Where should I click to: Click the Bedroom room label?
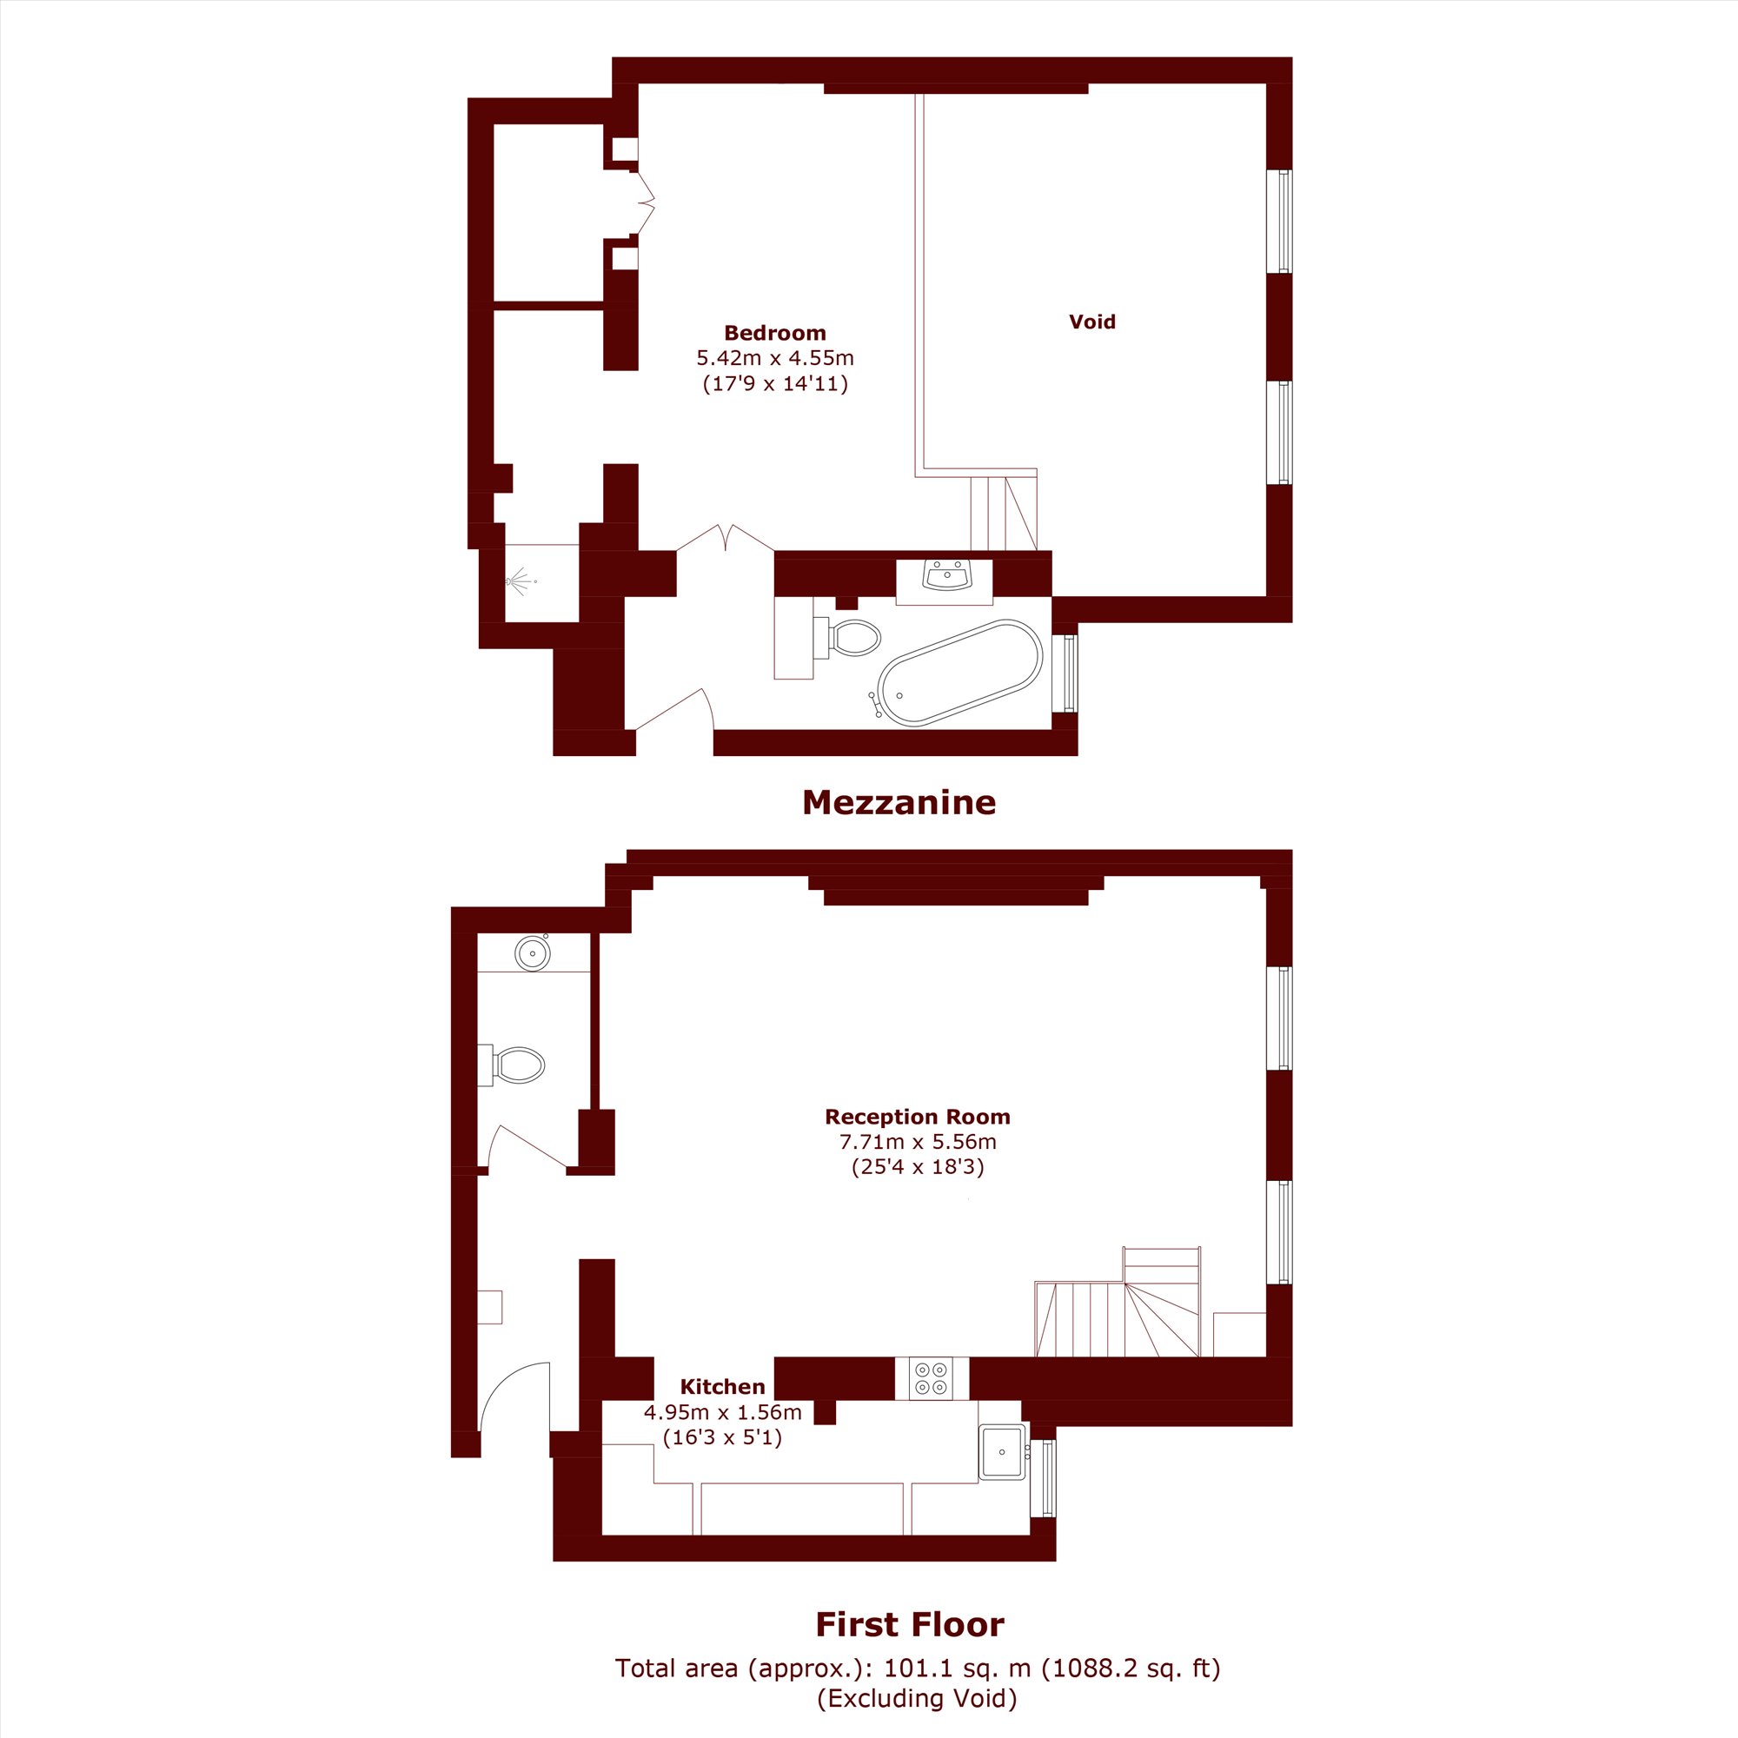774,333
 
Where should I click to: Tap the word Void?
1092,322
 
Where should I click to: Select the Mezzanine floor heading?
899,801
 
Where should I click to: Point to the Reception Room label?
918,1117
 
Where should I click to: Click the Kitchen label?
722,1386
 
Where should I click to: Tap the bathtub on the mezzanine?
960,672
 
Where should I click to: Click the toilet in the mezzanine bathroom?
846,638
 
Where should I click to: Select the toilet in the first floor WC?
511,1065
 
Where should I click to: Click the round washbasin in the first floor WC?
533,952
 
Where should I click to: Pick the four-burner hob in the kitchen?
931,1378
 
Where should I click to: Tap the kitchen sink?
1002,1452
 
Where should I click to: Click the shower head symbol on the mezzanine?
519,581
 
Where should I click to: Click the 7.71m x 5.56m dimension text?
918,1142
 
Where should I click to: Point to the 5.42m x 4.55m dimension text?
774,358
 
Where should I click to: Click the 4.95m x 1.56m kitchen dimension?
722,1411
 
